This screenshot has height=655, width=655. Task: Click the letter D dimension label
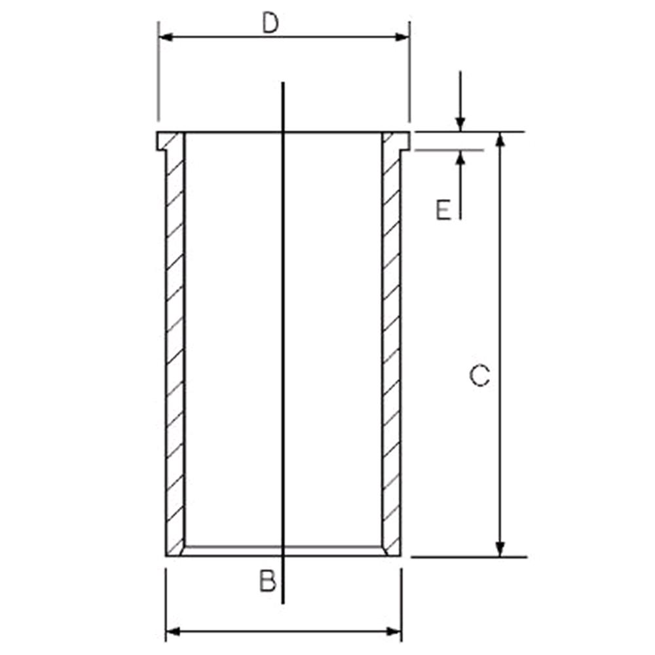[x=271, y=23]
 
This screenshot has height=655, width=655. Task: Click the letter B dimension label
[x=268, y=581]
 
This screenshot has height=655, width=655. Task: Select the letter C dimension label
[x=479, y=375]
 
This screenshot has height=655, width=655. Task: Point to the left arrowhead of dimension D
[x=166, y=37]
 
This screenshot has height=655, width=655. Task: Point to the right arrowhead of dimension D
[x=402, y=37]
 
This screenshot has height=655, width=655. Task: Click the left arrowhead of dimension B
[x=174, y=631]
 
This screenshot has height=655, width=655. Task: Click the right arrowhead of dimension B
[x=394, y=631]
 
